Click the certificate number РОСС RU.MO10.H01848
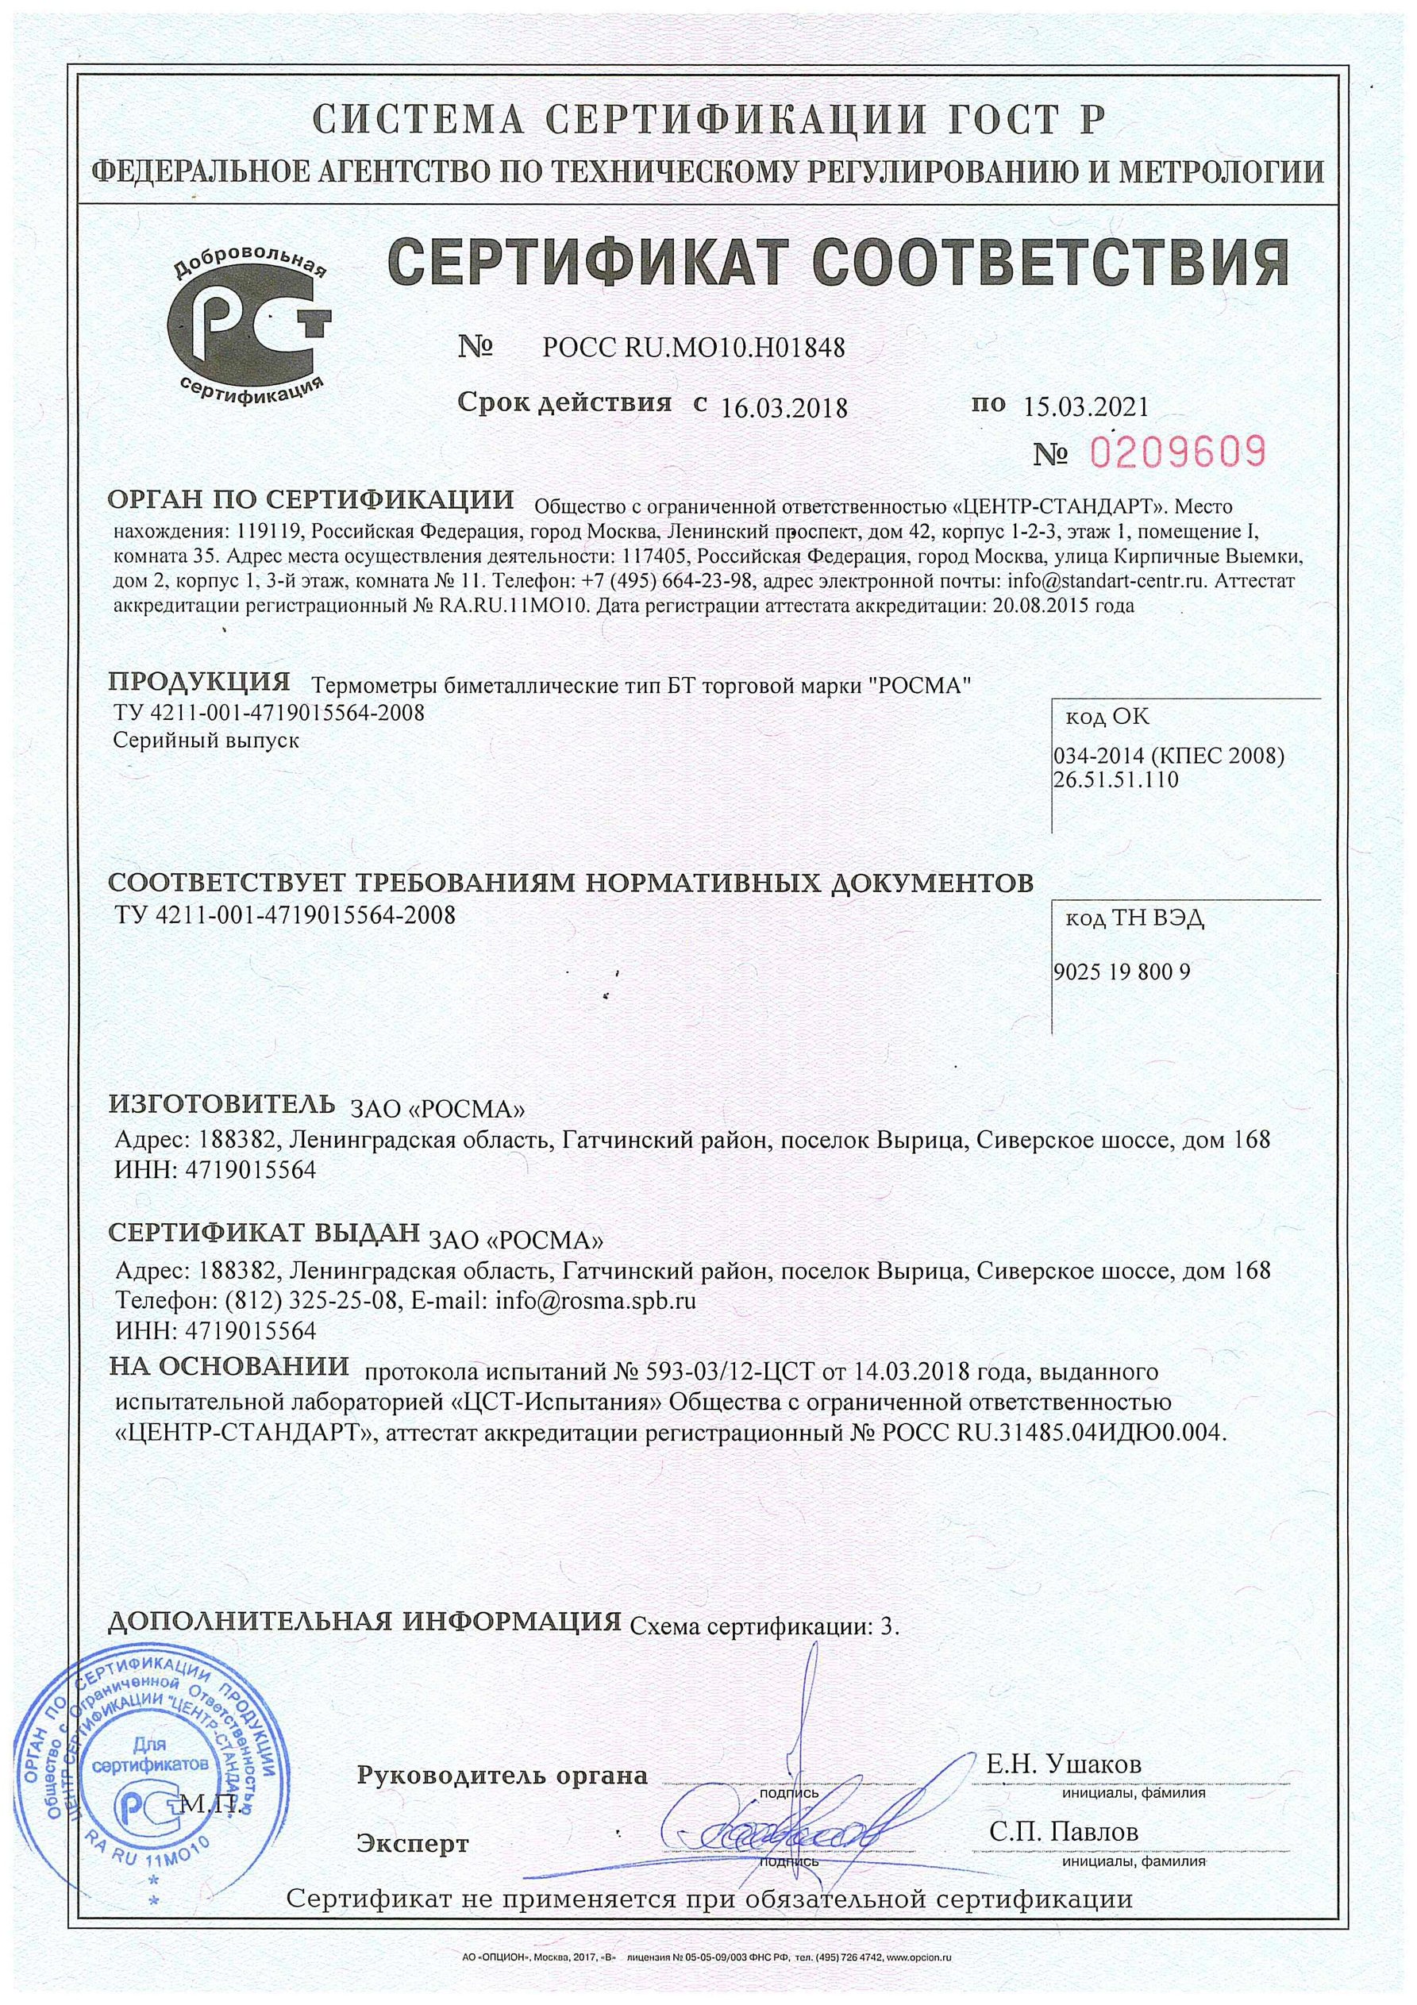694,348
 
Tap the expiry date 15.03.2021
1083,405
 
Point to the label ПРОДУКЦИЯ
199,680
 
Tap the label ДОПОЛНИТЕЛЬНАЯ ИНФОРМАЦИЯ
364,1620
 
